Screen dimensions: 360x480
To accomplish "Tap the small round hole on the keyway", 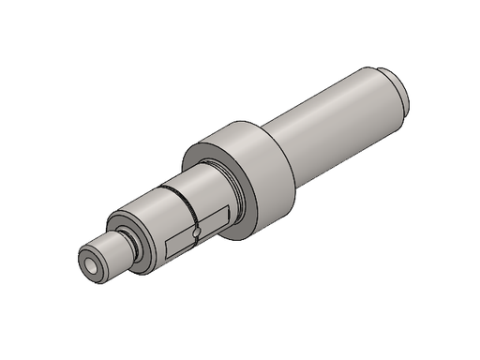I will (196, 232).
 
